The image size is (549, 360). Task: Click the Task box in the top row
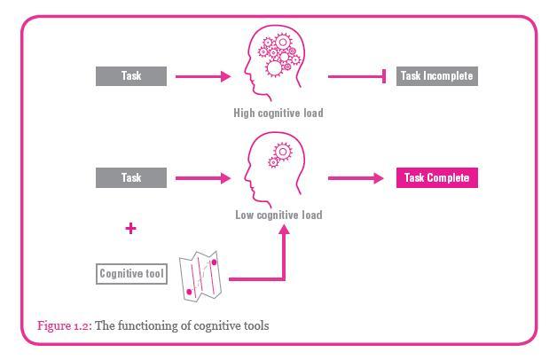pos(131,76)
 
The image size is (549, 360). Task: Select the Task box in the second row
pos(131,178)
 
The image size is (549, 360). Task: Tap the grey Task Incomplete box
pos(436,76)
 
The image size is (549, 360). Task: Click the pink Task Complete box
pos(436,178)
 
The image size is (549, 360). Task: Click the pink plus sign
pos(131,229)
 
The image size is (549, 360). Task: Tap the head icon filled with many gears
pos(277,64)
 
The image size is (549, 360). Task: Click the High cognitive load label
pos(278,113)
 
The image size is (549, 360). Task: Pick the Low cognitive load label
pos(278,215)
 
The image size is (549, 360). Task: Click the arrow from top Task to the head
pos(203,76)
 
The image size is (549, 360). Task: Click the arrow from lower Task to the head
pos(203,178)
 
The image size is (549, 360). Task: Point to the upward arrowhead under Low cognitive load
pos(285,230)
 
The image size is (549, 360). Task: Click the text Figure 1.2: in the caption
pos(64,326)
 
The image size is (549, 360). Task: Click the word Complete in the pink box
pos(449,178)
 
